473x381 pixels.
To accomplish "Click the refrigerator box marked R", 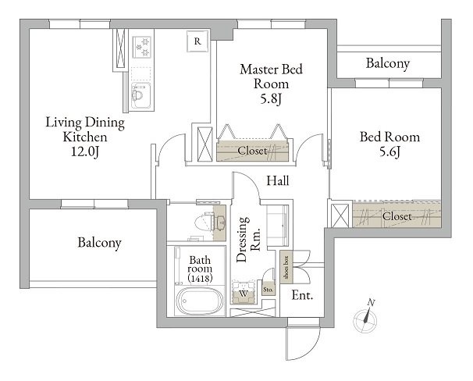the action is [198, 41].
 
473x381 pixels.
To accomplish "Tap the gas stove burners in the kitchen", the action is [141, 47].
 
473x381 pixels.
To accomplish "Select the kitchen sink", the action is [140, 95].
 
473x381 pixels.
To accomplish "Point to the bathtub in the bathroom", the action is [200, 301].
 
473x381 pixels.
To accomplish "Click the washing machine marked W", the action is [244, 293].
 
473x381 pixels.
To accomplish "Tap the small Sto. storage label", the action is [268, 290].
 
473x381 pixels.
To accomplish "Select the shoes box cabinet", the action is [286, 267].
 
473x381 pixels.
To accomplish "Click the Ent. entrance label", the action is [302, 295].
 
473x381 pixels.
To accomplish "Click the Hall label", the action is [278, 180].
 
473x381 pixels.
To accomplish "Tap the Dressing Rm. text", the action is [248, 239].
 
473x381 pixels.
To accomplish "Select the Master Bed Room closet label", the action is [252, 151].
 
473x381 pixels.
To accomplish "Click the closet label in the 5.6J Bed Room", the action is [397, 216].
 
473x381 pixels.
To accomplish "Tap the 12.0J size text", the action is [85, 151].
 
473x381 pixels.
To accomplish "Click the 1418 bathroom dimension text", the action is [200, 278].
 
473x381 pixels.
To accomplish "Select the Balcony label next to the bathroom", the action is [100, 243].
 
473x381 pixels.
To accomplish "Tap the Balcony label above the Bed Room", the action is [388, 64].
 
